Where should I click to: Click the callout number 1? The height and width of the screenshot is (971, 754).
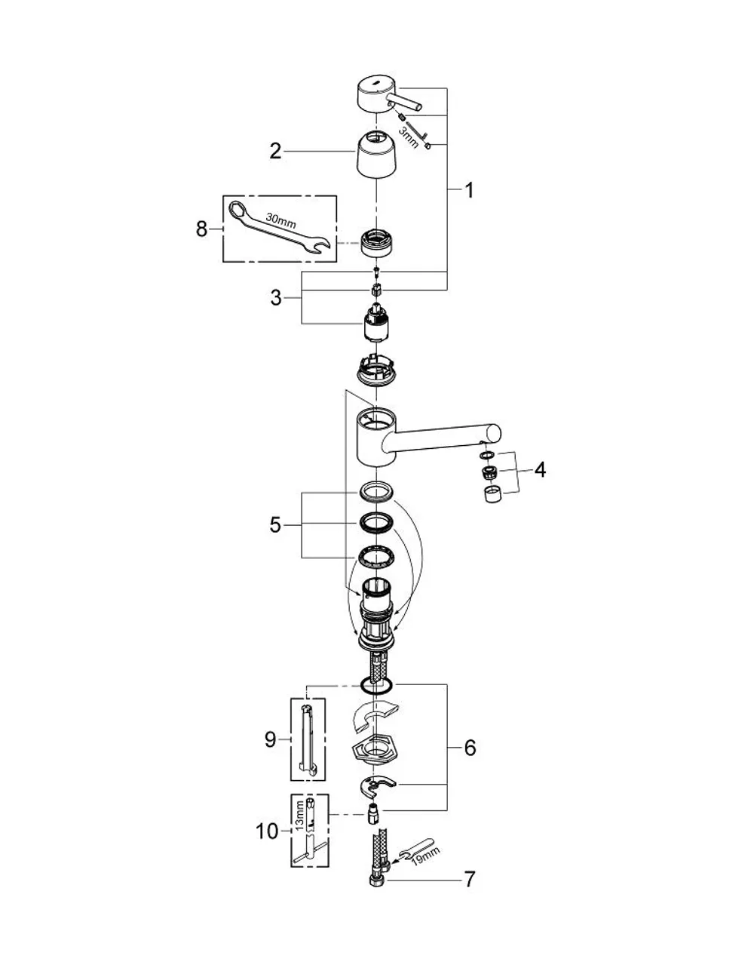tap(468, 190)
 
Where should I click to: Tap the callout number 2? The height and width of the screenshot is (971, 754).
tap(275, 152)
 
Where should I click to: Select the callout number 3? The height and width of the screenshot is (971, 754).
tap(276, 297)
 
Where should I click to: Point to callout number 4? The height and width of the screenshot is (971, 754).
tap(540, 469)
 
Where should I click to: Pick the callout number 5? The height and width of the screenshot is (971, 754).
tap(275, 524)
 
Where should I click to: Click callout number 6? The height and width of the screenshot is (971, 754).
tap(470, 748)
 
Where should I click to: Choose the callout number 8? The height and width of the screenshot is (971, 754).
tap(202, 229)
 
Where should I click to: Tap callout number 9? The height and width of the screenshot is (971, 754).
tap(271, 740)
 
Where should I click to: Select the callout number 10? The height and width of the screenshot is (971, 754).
tap(267, 831)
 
